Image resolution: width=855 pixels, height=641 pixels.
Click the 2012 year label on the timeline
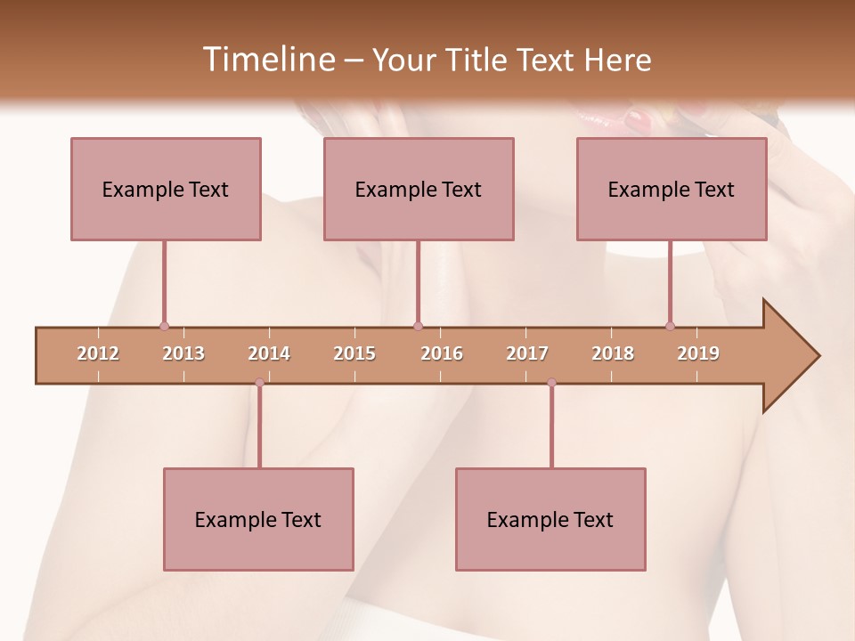pos(98,353)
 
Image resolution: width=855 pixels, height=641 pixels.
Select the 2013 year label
pos(183,353)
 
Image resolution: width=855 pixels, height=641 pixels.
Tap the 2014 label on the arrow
pos(269,353)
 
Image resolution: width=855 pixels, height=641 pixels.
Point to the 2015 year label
pos(354,353)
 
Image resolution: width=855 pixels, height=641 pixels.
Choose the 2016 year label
pos(442,353)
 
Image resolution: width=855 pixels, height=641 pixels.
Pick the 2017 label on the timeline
pos(527,353)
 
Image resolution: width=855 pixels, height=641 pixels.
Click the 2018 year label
pos(613,353)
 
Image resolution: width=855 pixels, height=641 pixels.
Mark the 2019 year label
pos(698,353)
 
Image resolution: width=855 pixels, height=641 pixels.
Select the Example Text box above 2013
pos(166,189)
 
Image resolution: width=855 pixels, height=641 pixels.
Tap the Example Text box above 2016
pos(419,189)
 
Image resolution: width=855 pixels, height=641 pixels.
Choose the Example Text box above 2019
pos(672,189)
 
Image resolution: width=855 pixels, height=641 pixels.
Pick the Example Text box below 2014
pos(258,519)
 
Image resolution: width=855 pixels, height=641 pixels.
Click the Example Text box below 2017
pos(550,519)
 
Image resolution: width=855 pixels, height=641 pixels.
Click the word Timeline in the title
pos(267,60)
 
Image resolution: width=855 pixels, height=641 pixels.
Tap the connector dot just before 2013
pos(164,326)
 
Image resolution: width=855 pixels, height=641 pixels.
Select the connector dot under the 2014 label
pos(259,383)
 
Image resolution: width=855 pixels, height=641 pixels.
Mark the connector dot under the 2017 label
pos(551,383)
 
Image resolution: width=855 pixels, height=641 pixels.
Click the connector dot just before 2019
pos(670,326)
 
